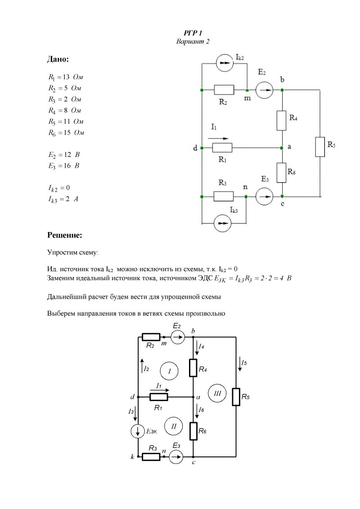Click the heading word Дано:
click(58, 59)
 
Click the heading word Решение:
click(65, 235)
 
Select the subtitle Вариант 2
click(193, 41)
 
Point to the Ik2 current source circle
click(225, 63)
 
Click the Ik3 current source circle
click(223, 223)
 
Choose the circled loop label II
click(173, 426)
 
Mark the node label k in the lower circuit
click(132, 457)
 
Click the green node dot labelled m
click(247, 90)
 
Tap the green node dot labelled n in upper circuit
click(246, 196)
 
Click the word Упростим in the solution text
click(63, 253)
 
